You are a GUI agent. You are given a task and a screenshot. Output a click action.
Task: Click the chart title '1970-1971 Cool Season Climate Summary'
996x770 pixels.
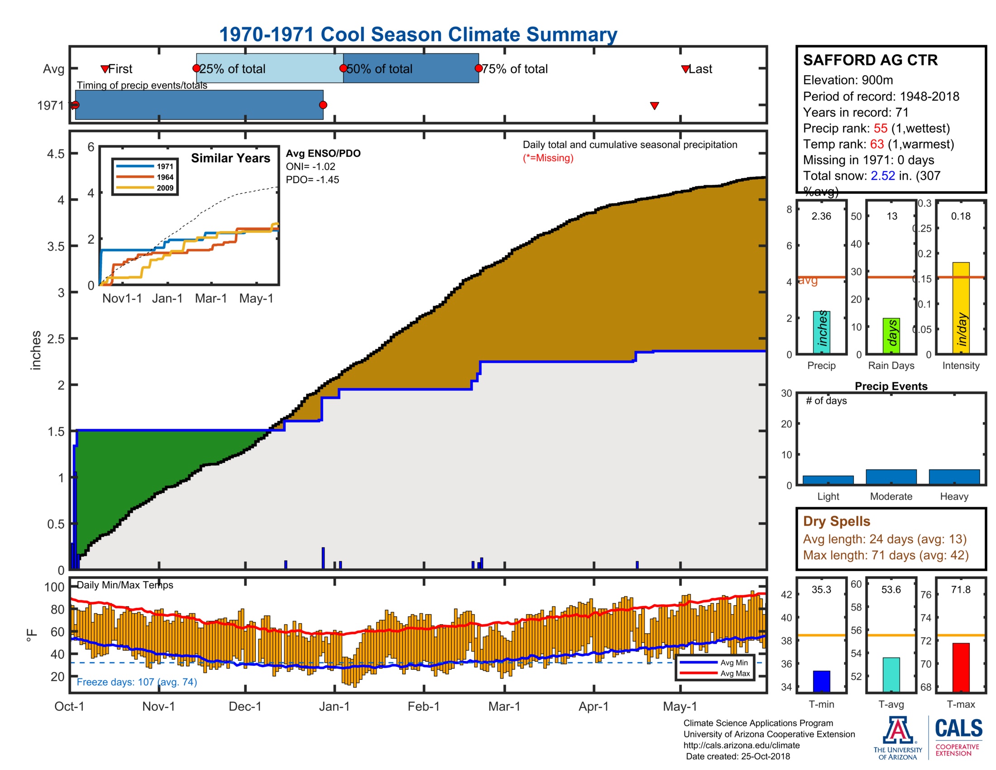[418, 34]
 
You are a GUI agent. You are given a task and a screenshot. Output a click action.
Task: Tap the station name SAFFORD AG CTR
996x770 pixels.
[870, 60]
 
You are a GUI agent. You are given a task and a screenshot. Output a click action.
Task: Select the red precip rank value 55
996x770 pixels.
[880, 128]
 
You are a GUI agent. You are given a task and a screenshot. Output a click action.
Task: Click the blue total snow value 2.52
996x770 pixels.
[882, 176]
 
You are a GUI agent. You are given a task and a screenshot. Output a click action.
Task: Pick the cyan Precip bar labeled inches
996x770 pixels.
[821, 332]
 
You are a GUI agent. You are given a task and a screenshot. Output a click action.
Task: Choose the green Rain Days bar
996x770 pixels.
[891, 335]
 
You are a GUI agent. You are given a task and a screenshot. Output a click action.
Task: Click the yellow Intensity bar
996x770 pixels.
[960, 308]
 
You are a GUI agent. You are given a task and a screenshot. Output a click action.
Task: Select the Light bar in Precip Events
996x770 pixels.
[828, 480]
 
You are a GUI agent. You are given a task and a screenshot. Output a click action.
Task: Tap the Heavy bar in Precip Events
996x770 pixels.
[954, 476]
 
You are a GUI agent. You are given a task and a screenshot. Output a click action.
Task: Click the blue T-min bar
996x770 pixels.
[821, 681]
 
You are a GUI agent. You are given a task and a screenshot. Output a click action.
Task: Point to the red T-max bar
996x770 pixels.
[960, 667]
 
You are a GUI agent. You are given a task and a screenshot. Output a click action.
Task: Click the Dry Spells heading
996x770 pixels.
[836, 521]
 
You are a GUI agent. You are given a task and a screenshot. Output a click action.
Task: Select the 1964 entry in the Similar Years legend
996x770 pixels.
[165, 177]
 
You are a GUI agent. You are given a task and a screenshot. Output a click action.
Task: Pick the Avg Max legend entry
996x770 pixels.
[735, 673]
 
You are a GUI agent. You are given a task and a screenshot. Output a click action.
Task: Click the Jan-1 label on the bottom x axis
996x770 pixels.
[334, 706]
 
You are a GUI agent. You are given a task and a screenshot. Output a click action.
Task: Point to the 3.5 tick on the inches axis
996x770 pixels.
[56, 246]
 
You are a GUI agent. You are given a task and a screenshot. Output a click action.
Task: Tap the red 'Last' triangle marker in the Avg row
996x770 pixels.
[685, 69]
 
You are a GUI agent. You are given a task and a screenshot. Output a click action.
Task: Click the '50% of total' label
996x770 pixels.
[379, 69]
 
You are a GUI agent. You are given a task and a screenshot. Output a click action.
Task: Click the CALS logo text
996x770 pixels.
[958, 728]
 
